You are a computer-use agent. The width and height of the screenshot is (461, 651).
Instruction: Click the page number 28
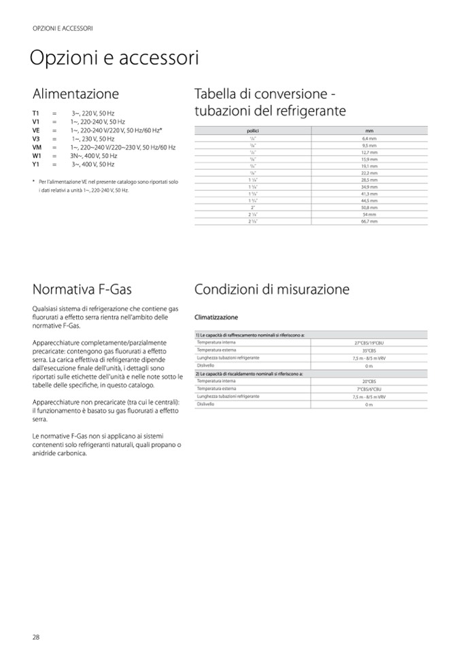[x=36, y=636]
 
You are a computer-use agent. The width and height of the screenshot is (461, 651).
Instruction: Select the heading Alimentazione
[x=75, y=94]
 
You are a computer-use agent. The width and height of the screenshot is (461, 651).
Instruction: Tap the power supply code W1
[x=37, y=155]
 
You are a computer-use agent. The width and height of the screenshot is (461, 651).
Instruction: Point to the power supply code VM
[x=37, y=147]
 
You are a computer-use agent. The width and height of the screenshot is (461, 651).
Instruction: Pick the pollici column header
[x=252, y=129]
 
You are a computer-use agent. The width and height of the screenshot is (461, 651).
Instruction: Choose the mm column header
[x=369, y=129]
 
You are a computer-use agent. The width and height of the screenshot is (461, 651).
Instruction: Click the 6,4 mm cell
[x=369, y=138]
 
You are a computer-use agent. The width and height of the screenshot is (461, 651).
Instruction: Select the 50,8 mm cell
[x=369, y=207]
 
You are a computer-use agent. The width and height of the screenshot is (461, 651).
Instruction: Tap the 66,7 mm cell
[x=369, y=221]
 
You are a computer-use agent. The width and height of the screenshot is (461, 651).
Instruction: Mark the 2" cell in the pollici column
[x=252, y=207]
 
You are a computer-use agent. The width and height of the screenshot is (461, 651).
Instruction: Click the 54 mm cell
[x=369, y=215]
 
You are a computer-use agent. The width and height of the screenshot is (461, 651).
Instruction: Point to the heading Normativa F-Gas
[x=82, y=290]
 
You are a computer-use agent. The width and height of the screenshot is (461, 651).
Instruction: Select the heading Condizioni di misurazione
[x=272, y=290]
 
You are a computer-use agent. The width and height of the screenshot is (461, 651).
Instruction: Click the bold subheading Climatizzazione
[x=216, y=317]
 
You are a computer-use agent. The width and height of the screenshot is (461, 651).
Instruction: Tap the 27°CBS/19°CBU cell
[x=369, y=343]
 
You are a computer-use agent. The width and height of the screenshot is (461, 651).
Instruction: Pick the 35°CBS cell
[x=369, y=350]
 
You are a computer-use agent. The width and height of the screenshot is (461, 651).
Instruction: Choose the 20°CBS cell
[x=369, y=381]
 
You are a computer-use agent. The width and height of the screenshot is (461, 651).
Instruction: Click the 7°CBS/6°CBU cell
[x=369, y=388]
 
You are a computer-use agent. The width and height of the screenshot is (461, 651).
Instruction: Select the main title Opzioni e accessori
[x=114, y=58]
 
